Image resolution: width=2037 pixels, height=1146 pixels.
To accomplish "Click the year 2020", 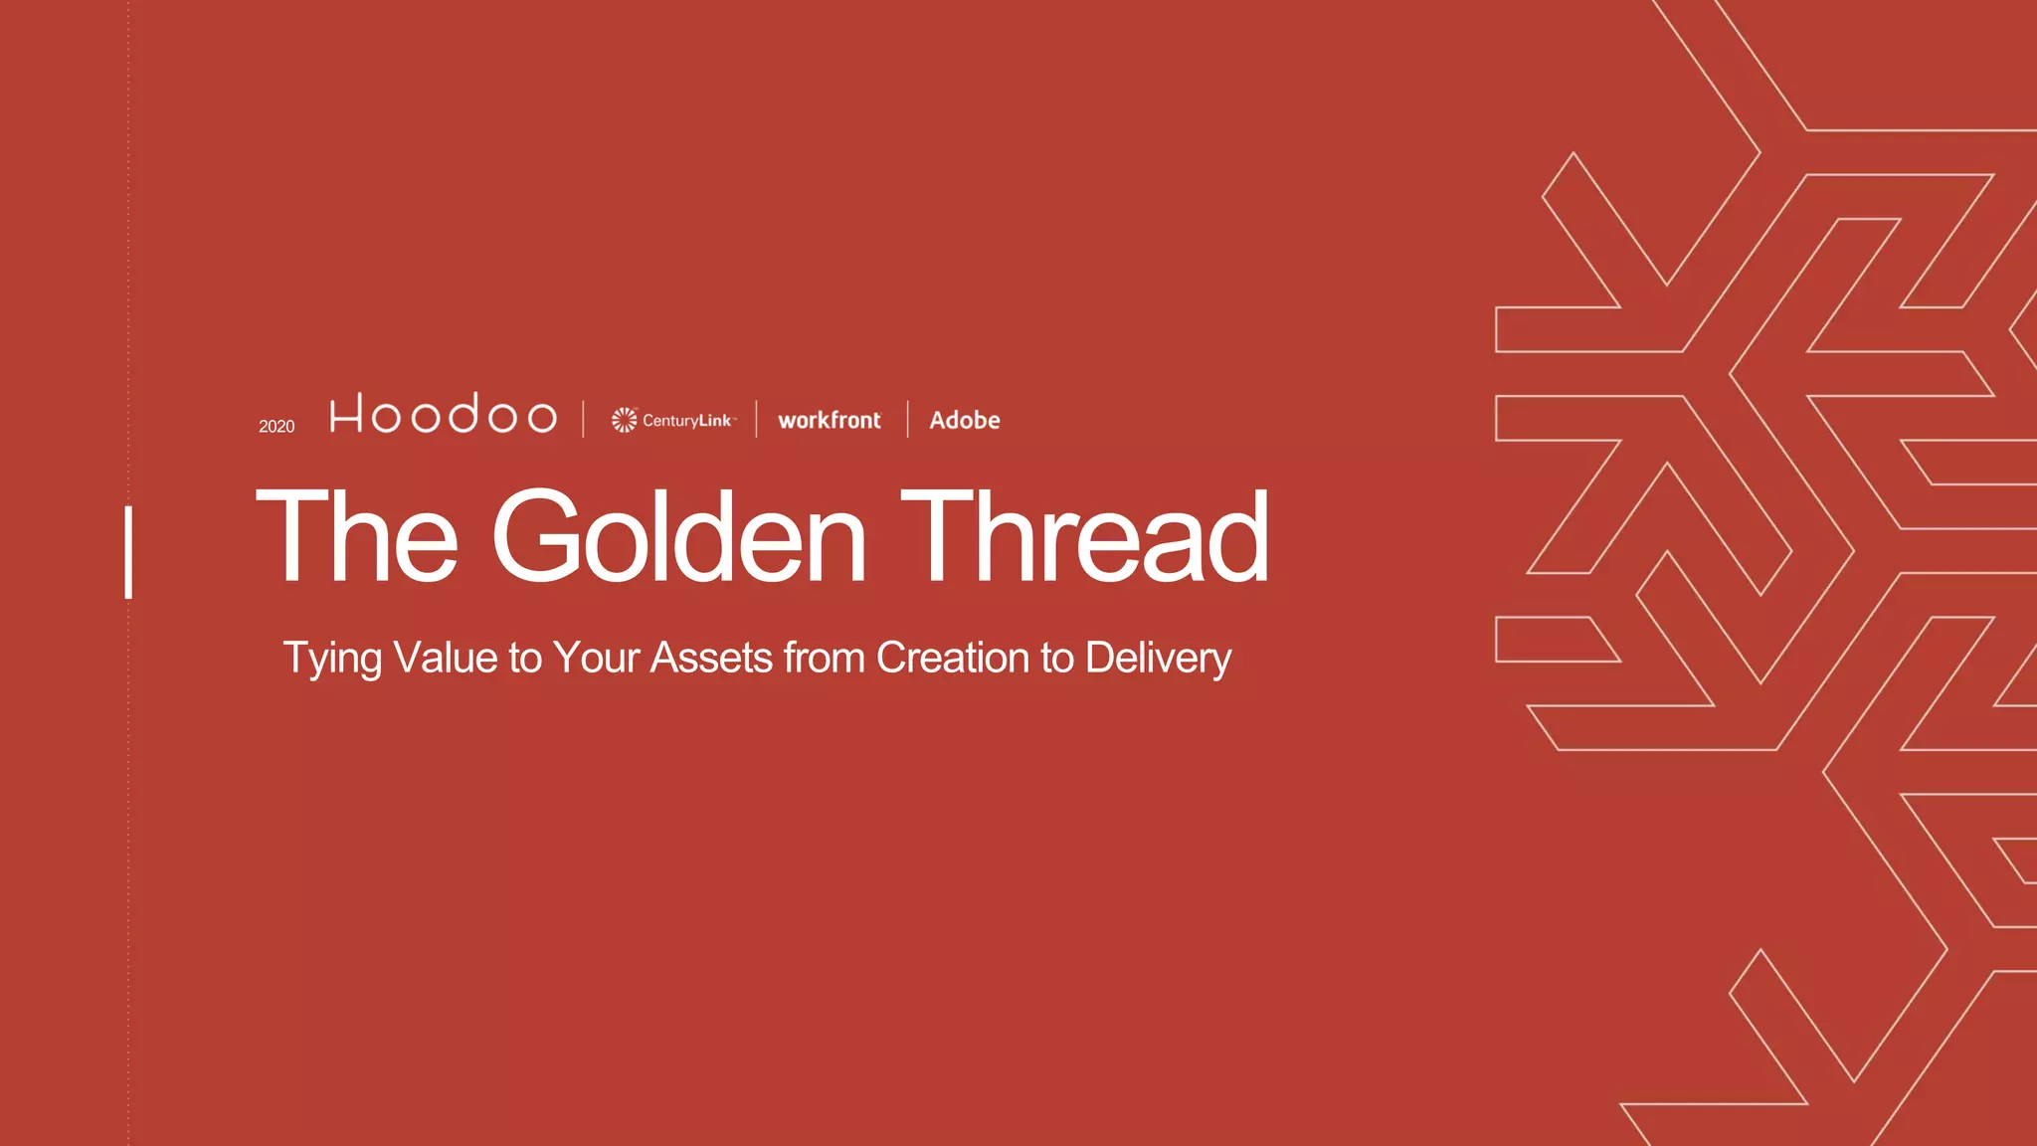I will [x=277, y=427].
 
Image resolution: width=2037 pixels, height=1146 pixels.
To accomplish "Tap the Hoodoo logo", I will [x=443, y=414].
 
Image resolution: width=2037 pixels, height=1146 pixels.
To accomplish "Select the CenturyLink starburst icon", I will [x=624, y=420].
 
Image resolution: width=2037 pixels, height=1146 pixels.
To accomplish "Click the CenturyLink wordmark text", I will [x=687, y=421].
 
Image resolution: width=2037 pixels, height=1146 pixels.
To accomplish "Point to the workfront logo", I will [x=830, y=421].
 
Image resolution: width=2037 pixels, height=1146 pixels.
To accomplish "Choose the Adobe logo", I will [x=965, y=421].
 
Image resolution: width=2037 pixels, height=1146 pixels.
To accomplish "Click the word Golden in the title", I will [x=679, y=538].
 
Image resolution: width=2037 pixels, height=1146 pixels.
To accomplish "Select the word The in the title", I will [x=357, y=538].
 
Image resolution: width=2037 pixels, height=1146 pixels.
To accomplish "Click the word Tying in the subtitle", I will [x=332, y=659].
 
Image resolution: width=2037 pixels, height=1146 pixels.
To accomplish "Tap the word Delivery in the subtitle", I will [x=1158, y=659].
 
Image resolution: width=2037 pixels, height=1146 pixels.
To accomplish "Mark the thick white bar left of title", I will [x=128, y=552].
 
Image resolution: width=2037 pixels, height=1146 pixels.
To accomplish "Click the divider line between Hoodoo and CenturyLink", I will [x=584, y=419].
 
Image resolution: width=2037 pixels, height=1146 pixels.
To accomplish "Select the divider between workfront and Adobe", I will [x=908, y=419].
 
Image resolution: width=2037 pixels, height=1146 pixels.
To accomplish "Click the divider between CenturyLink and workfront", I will [x=757, y=419].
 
